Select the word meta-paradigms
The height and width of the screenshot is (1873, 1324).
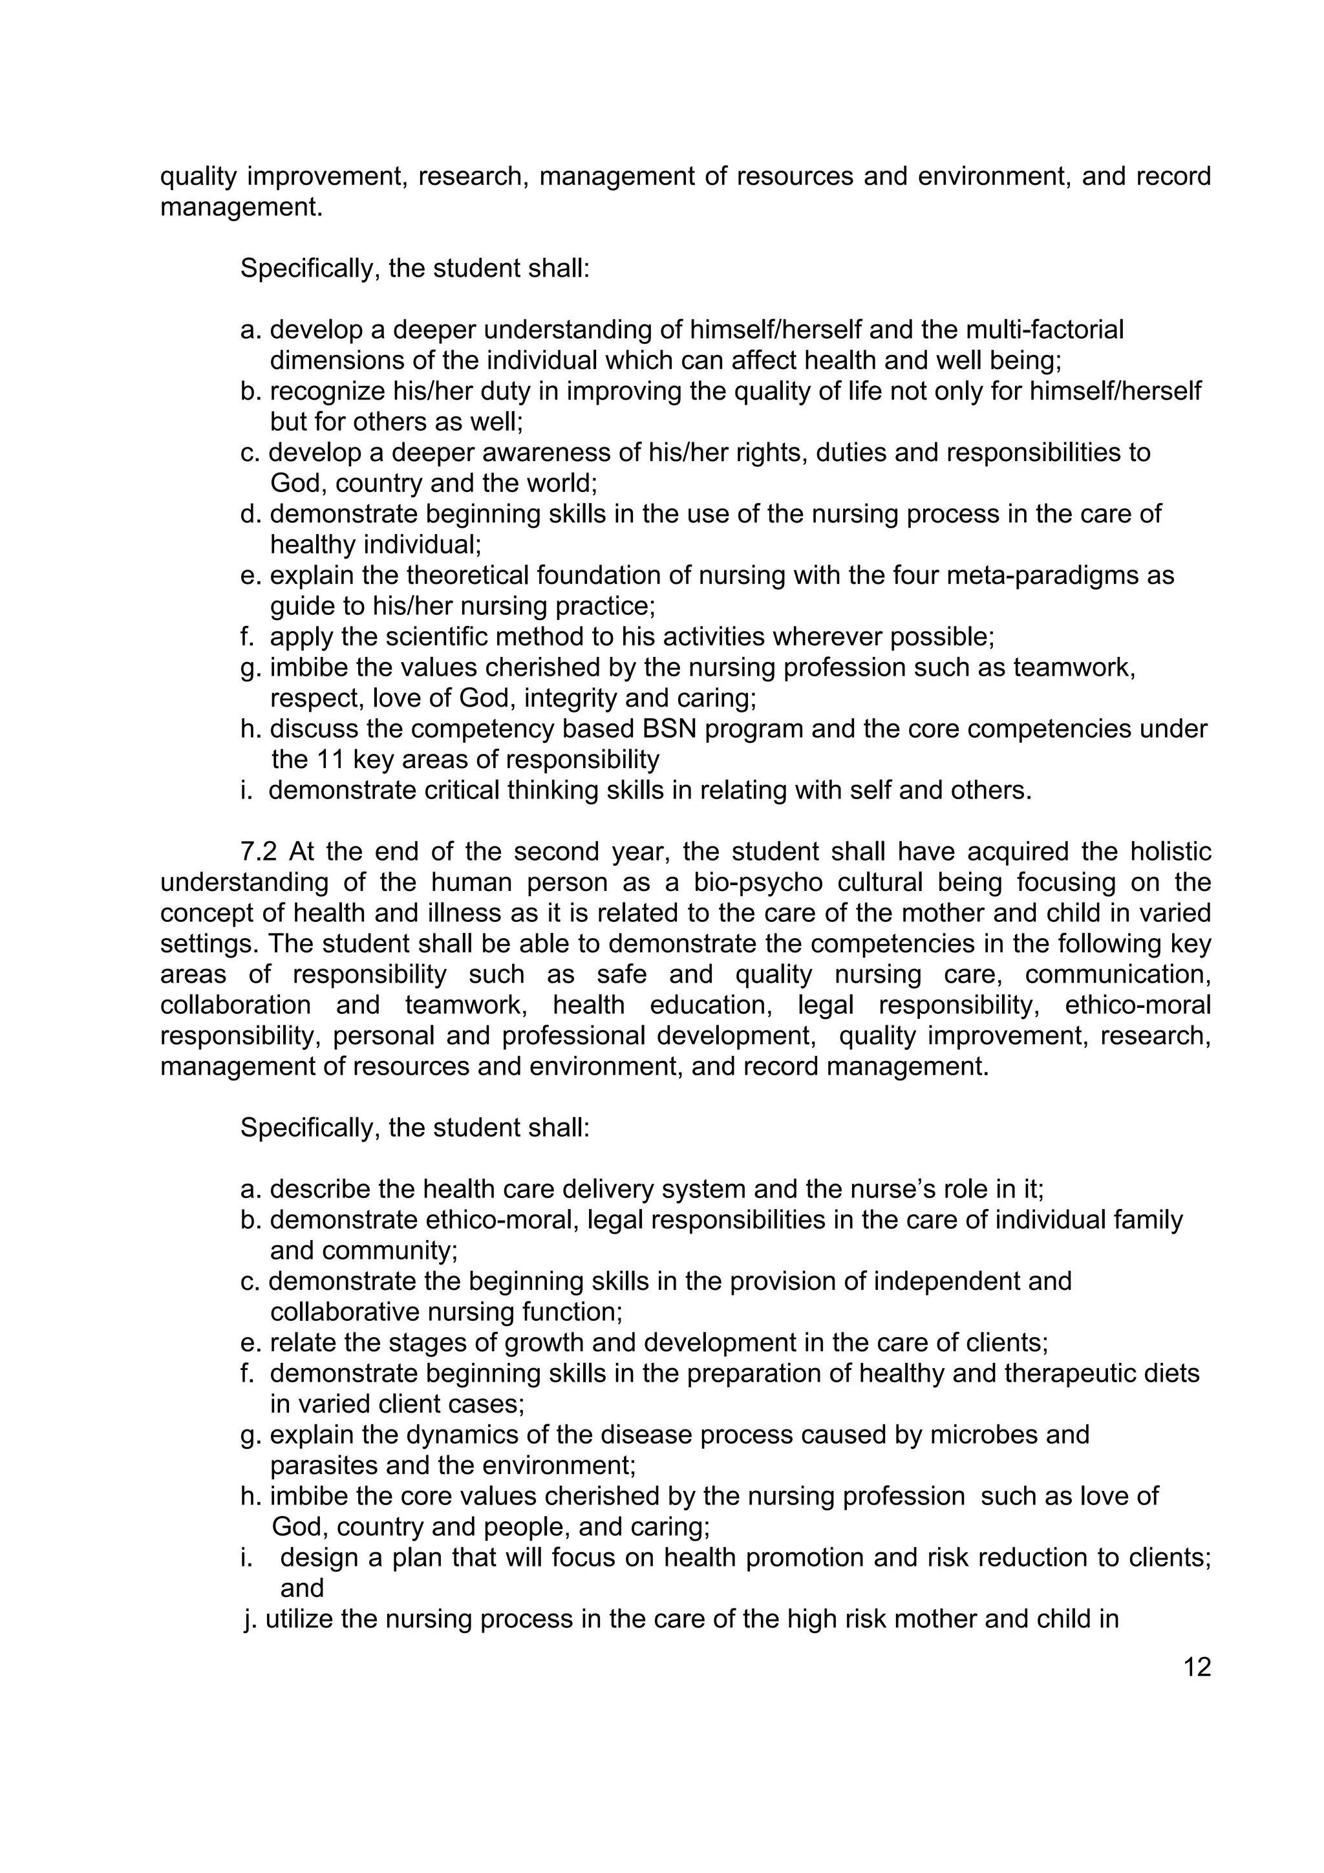(x=1048, y=575)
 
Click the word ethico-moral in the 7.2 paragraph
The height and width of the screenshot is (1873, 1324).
(x=1138, y=1004)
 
